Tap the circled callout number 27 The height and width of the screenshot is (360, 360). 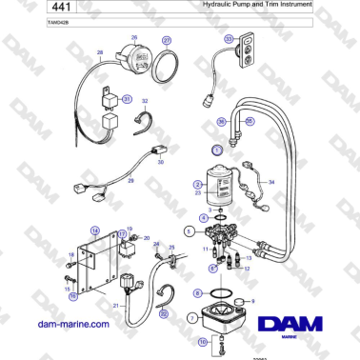[168, 41]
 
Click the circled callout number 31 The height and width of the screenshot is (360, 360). [126, 98]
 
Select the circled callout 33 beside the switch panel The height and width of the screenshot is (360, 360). [228, 39]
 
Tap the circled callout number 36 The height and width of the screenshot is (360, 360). [220, 122]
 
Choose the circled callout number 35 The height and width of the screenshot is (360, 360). [250, 121]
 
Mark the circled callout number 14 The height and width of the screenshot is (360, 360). [94, 230]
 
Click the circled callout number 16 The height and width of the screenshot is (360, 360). [70, 295]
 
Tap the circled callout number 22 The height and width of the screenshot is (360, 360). [163, 313]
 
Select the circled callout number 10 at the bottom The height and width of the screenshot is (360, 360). [201, 339]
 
